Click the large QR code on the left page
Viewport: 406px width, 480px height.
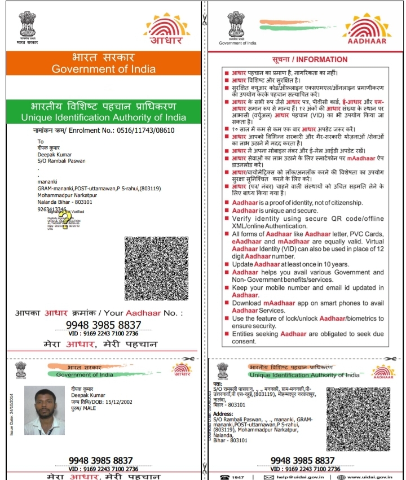coord(160,270)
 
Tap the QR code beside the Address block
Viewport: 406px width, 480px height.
coord(358,418)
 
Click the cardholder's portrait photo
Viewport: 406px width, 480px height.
coord(44,411)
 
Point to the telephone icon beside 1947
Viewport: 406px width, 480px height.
coord(224,477)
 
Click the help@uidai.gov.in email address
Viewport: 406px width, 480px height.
coord(297,477)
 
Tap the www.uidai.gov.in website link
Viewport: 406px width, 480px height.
coord(370,477)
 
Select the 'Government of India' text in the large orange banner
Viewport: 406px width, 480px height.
coord(102,69)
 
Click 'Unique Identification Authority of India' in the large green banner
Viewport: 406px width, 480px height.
coord(103,117)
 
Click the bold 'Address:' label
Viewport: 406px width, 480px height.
coord(223,413)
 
